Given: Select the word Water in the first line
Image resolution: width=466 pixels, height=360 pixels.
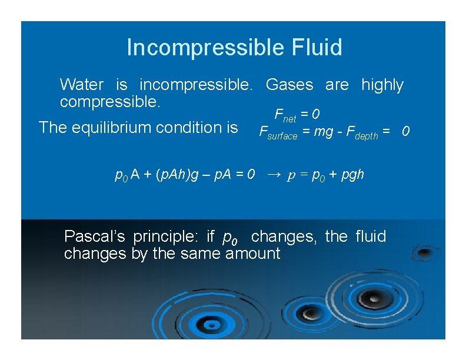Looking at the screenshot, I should (82, 85).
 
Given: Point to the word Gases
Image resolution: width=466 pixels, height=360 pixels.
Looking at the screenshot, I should (289, 85).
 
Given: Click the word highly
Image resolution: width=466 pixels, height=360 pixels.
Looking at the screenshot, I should (382, 85).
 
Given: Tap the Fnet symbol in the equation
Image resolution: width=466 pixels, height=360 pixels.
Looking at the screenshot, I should (285, 114).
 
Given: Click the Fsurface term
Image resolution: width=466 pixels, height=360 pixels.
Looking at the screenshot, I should (278, 132).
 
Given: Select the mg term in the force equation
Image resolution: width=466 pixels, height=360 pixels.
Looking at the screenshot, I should (324, 131).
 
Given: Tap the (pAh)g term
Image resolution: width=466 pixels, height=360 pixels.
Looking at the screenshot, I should (179, 174).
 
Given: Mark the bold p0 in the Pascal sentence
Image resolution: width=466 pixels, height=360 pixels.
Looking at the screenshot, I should (230, 237).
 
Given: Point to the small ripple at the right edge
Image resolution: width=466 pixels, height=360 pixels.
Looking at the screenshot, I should (422, 254).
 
